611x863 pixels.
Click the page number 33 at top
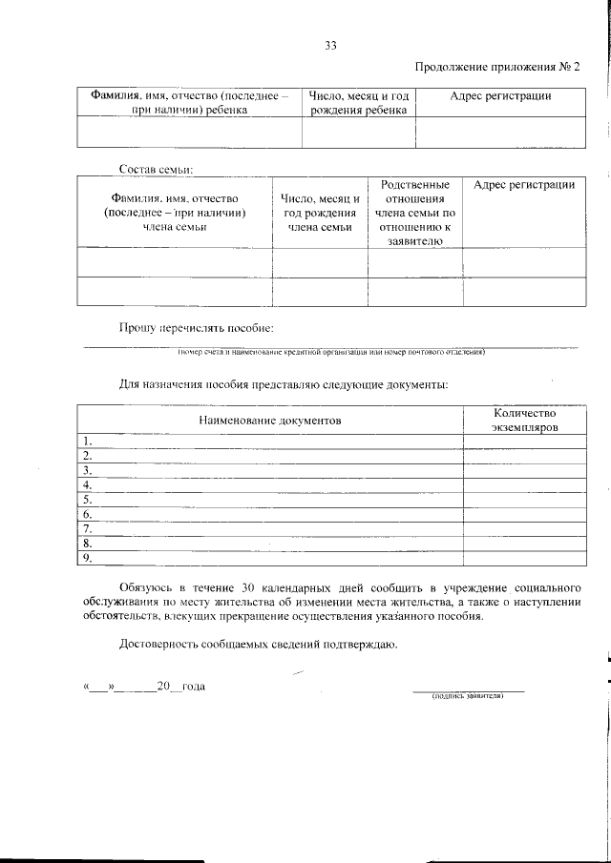point(330,45)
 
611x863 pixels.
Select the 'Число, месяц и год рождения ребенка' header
point(359,103)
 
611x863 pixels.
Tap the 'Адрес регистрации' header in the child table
point(500,96)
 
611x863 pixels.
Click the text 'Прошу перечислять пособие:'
point(196,327)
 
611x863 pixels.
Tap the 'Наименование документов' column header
point(269,420)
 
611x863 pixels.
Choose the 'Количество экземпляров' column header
point(524,420)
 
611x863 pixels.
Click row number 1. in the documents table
point(87,441)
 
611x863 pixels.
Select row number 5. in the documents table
point(87,499)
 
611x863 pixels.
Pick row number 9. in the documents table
point(87,558)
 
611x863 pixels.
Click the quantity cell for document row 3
point(524,470)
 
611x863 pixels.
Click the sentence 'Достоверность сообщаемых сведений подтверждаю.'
point(252,644)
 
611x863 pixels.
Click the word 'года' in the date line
point(192,687)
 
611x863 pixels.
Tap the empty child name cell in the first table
point(189,133)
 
